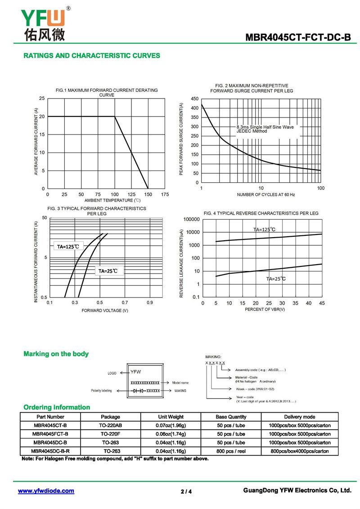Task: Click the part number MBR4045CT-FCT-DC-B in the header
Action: pos(298,37)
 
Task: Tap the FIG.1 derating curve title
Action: pos(107,92)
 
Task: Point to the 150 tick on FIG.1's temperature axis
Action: pos(148,194)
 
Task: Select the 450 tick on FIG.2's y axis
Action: pos(194,99)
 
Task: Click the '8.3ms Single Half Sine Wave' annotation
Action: pos(265,127)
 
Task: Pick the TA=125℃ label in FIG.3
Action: pos(68,247)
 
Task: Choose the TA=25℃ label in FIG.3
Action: pos(108,271)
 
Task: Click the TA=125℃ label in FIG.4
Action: pos(264,230)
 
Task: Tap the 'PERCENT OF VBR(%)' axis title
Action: pos(265,310)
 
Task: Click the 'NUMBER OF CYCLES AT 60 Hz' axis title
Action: pos(266,194)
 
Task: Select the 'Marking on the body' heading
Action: pos(56,354)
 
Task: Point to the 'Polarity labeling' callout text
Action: pos(101,391)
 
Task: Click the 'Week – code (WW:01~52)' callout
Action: pos(255,389)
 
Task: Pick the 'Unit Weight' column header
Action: pos(171,417)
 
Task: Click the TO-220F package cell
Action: pos(110,434)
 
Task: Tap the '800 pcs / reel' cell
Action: pos(231,451)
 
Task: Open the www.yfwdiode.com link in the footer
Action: pos(46,491)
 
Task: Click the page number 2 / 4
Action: pos(186,491)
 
